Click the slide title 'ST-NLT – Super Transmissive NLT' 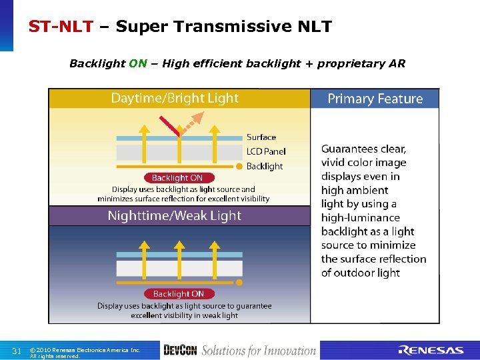180,27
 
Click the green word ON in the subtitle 138,64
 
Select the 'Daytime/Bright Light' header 175,98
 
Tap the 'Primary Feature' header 375,99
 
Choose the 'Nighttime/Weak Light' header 175,215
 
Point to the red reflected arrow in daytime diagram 169,127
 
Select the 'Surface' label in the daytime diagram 261,137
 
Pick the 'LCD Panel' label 266,151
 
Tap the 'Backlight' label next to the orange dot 265,166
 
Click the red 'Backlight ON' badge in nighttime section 178,293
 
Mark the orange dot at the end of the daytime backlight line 239,166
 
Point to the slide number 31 17,351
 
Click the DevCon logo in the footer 180,350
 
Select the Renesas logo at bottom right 431,351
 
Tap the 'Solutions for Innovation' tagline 259,351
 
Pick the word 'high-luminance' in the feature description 361,218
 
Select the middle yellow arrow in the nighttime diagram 179,257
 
